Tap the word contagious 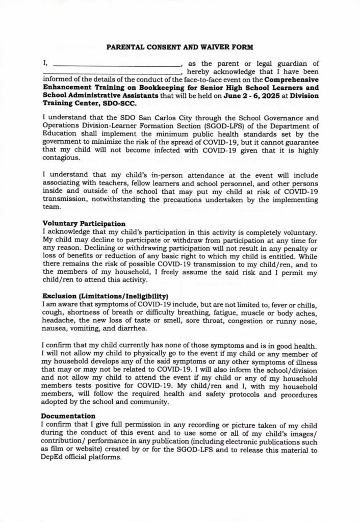[x=62, y=158]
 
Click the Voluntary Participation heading [x=84, y=223]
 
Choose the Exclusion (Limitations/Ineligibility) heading [x=105, y=296]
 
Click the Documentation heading [x=69, y=416]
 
